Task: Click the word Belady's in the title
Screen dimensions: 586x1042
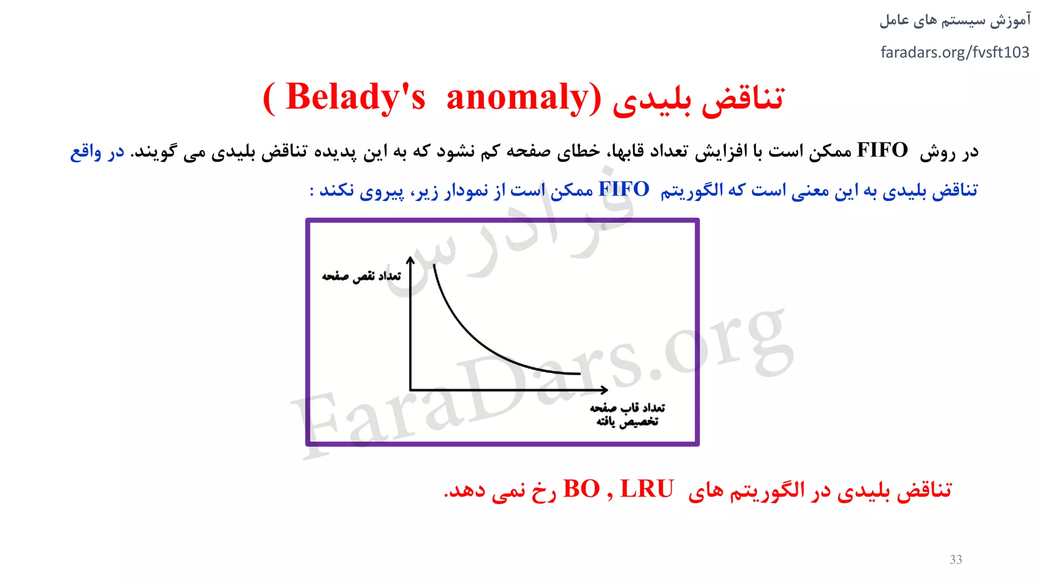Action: (355, 97)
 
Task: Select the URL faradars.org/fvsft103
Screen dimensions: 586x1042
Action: (954, 52)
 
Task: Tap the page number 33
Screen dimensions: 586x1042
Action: (956, 560)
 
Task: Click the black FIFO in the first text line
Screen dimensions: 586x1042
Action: (882, 151)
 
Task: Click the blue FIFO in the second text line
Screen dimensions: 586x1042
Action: (624, 189)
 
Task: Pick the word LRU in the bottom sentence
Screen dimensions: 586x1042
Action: (647, 489)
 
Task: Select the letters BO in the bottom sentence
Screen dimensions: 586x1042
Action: (582, 489)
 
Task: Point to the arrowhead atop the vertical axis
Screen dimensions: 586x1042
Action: (411, 259)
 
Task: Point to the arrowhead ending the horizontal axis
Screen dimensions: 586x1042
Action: (604, 390)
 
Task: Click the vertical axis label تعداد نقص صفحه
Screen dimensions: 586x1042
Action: (361, 276)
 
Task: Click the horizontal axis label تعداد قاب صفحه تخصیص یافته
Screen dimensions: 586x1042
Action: (627, 415)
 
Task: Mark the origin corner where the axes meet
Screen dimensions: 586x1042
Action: (411, 390)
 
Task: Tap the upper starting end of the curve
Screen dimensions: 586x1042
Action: (434, 266)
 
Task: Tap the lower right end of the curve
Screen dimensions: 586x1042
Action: (580, 374)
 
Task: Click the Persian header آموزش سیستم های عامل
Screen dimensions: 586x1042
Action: (954, 20)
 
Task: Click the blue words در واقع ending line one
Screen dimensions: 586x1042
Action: (97, 152)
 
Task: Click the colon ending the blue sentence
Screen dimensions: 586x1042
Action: (311, 191)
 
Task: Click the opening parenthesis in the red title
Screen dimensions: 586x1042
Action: (270, 98)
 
